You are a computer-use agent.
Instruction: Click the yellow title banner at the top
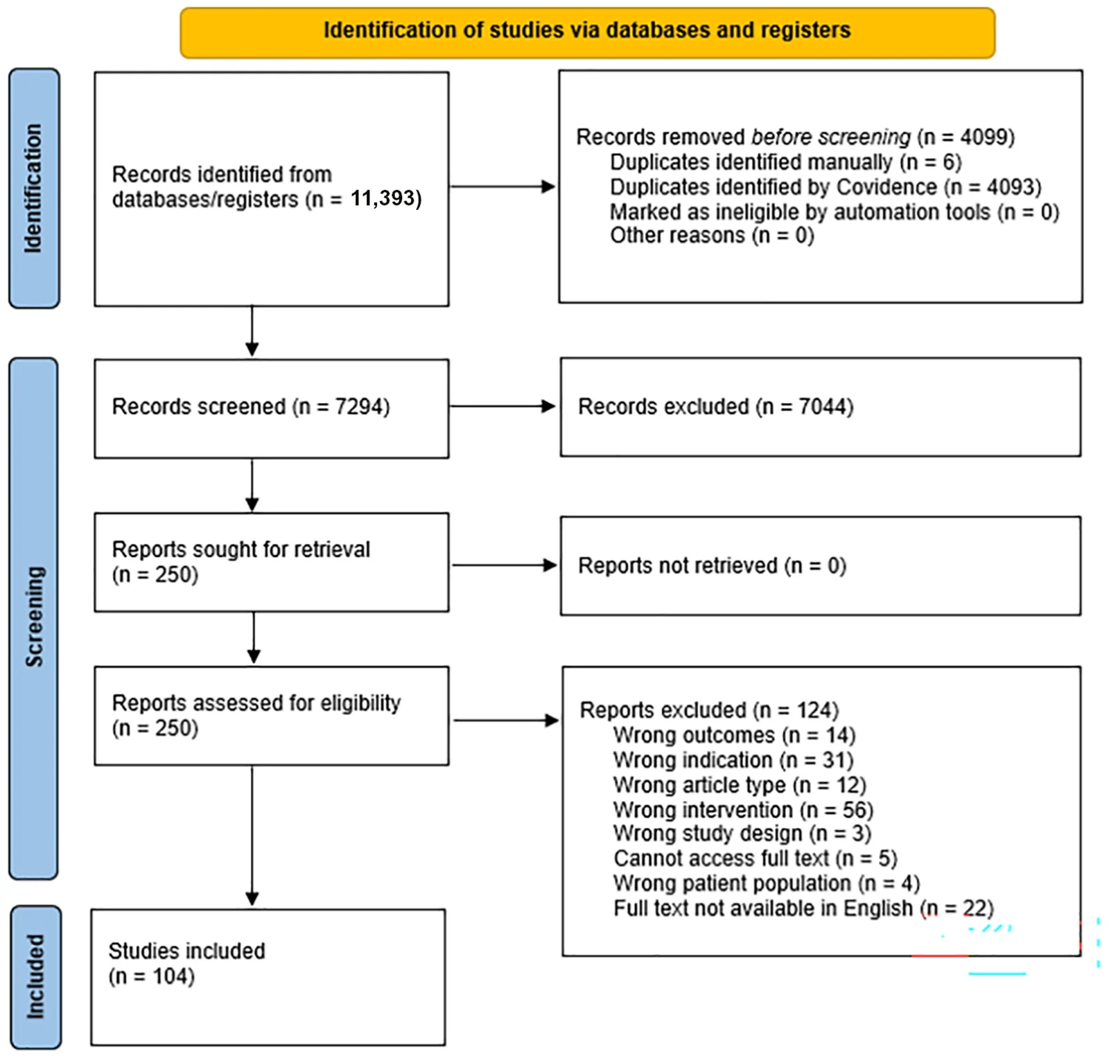point(587,33)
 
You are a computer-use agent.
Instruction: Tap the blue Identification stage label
point(34,188)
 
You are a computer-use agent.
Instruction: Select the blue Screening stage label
point(33,618)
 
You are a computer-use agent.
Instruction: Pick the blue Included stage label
point(35,977)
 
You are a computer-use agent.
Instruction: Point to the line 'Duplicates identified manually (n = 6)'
point(785,162)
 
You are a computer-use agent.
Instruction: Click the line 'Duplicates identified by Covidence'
point(826,187)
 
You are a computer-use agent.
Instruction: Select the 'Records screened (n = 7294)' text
point(251,406)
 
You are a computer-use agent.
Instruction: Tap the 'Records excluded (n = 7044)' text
point(715,406)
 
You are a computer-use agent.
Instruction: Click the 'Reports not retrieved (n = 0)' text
point(712,565)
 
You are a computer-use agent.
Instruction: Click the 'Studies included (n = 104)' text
point(186,963)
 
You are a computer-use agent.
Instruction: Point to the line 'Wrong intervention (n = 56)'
point(743,809)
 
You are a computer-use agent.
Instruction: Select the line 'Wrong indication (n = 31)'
point(733,760)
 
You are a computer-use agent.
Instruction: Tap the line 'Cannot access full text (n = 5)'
point(756,858)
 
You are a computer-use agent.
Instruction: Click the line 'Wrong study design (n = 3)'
point(742,834)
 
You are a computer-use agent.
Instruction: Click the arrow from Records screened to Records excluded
point(503,406)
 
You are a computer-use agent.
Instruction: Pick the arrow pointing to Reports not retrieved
point(505,565)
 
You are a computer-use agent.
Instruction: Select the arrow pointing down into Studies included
point(252,836)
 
